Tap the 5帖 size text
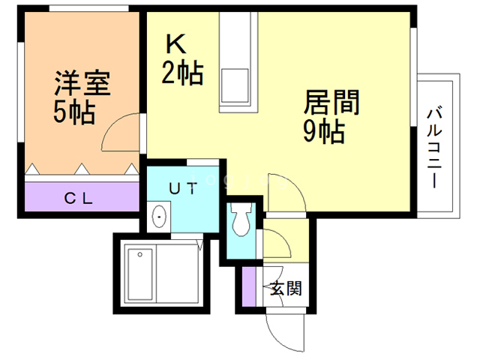tap(73, 112)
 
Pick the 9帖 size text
tap(323, 132)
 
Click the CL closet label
tap(78, 199)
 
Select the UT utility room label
tap(184, 189)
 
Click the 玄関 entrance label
tap(286, 287)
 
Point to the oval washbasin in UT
tap(159, 217)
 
